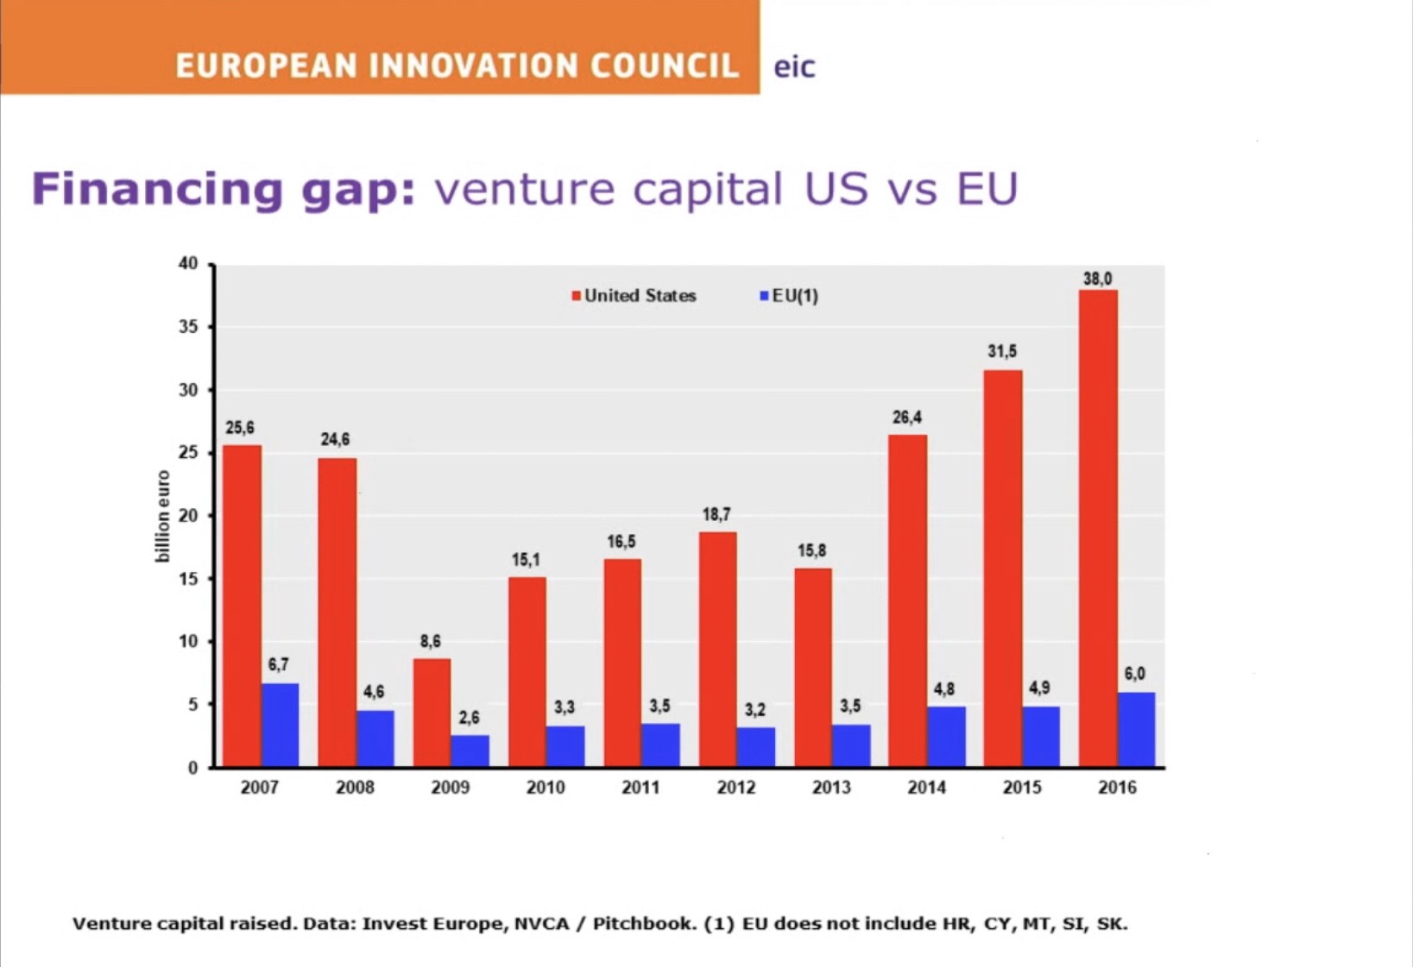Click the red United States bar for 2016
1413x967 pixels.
pos(1098,528)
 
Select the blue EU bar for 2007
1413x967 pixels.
pos(281,725)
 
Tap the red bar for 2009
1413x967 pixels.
pos(432,713)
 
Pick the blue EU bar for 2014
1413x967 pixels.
pos(946,737)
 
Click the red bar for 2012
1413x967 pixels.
pos(717,649)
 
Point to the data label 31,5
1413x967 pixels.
pos(1002,351)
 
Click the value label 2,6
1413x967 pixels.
pos(469,718)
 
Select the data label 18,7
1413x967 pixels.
pos(716,515)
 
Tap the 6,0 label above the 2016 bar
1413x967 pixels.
pos(1134,674)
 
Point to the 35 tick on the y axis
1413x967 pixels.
pos(188,327)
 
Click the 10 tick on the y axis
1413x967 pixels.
pos(188,642)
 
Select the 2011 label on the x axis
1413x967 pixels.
pos(640,788)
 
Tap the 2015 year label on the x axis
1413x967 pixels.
pos(1022,788)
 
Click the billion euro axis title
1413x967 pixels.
pos(162,516)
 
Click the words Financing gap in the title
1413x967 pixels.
pos(224,189)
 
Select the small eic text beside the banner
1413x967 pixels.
pos(794,67)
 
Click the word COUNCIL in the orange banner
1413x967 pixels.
pos(665,66)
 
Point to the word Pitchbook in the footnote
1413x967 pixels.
pos(644,924)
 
